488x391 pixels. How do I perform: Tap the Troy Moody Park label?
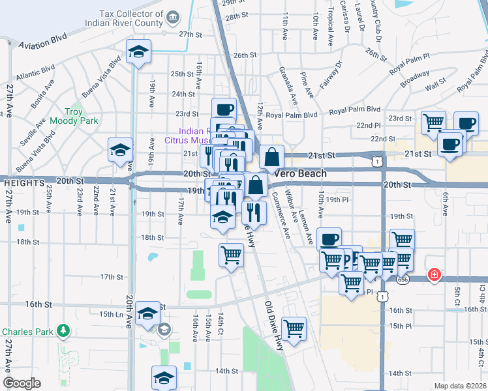coord(82,117)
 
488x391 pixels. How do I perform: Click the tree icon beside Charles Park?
coord(63,332)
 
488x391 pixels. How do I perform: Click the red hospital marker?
coord(433,276)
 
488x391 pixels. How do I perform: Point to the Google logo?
coord(22,383)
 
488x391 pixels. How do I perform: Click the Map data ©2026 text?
coord(460,386)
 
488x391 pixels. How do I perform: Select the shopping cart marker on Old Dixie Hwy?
coord(294,328)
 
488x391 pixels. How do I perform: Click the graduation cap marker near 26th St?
coord(138,52)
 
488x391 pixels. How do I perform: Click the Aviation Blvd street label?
coord(44,45)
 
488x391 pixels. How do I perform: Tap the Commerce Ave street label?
coord(284,216)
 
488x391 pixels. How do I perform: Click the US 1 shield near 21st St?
coord(377,159)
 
